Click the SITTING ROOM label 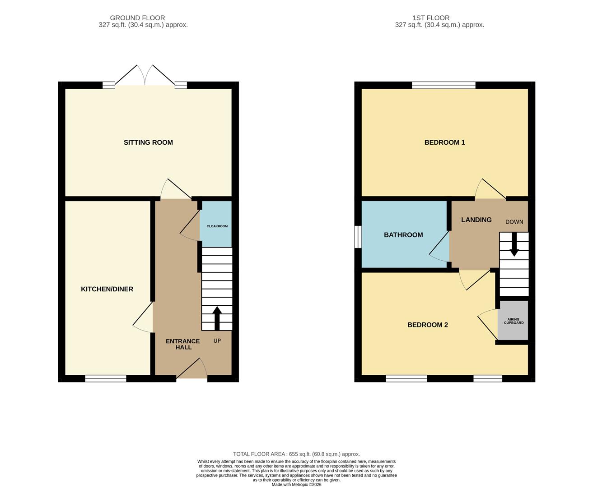148,142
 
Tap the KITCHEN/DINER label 107,289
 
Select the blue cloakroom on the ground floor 216,224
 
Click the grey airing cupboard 513,320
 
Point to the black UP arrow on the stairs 217,318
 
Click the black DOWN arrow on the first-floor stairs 514,244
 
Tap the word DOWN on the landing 514,222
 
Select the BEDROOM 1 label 444,142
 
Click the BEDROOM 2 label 427,325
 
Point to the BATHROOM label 403,235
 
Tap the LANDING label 476,220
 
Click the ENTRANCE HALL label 183,344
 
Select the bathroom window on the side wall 358,237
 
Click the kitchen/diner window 106,378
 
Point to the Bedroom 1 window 444,85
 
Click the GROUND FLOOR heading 137,18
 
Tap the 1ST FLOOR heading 431,18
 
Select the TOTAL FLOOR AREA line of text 296,454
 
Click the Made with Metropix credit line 296,484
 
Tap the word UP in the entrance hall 217,341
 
